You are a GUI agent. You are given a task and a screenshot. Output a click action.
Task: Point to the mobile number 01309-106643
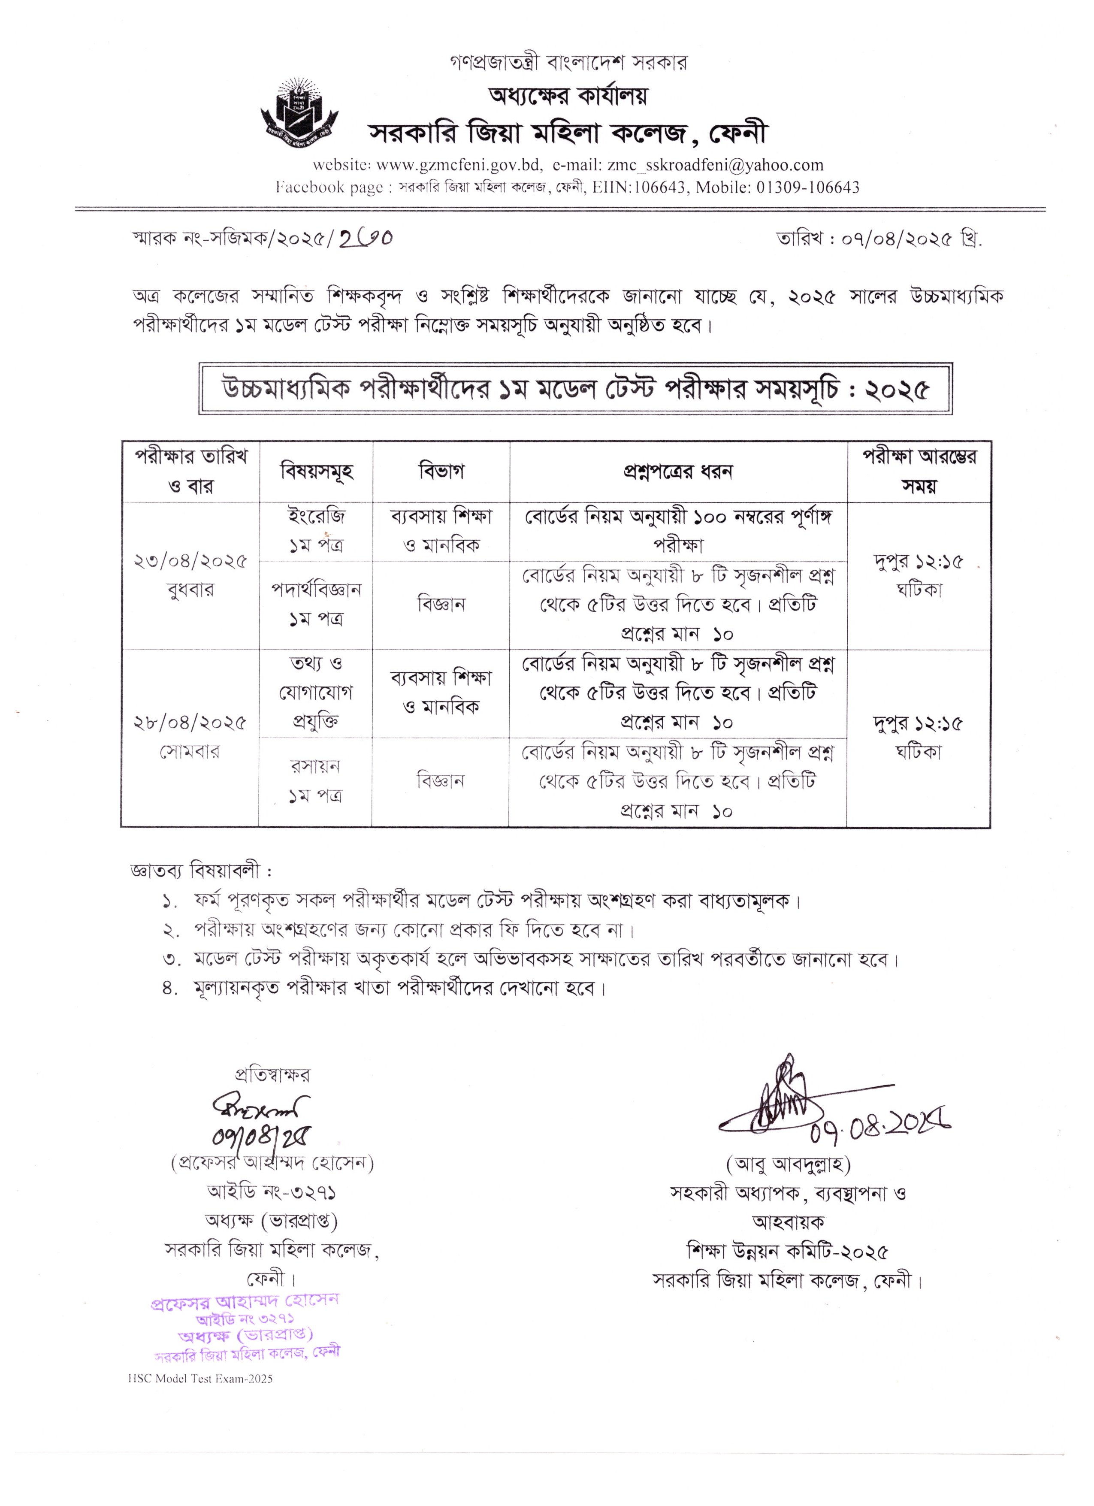[807, 187]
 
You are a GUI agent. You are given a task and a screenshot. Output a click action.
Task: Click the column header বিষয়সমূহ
[316, 472]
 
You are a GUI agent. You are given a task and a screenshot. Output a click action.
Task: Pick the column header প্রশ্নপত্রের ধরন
[678, 472]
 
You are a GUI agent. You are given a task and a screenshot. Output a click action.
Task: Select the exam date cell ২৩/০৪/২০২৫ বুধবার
[190, 575]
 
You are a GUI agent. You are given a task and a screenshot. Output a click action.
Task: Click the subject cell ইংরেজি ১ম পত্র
[316, 531]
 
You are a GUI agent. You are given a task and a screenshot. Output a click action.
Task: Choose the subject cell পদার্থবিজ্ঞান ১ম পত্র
[316, 604]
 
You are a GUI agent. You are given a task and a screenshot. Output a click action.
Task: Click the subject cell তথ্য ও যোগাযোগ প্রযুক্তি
[316, 692]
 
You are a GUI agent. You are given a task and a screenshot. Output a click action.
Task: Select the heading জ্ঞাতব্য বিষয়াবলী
[200, 871]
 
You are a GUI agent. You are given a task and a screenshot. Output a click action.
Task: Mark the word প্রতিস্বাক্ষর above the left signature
[272, 1074]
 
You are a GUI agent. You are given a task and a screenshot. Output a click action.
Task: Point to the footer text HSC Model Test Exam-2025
[200, 1379]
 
